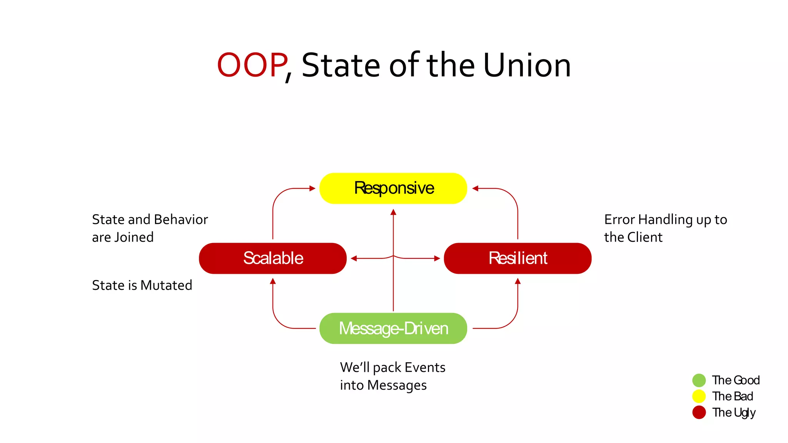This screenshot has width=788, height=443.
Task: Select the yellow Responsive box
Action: click(x=393, y=188)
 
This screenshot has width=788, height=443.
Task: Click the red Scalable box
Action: click(x=272, y=258)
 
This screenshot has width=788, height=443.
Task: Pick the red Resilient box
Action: click(x=517, y=258)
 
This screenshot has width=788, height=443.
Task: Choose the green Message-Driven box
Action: click(x=393, y=328)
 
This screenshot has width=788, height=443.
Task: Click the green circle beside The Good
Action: click(x=699, y=380)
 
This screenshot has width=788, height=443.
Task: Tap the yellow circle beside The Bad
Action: click(x=699, y=396)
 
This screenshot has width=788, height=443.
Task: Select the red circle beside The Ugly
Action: click(x=699, y=412)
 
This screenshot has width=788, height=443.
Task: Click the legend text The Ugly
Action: click(x=733, y=413)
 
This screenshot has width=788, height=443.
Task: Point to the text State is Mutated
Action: click(x=142, y=285)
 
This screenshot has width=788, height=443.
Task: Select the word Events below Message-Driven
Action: click(x=425, y=368)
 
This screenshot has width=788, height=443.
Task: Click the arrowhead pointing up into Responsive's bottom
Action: click(x=393, y=212)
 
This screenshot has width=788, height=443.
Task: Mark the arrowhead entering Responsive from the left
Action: click(x=312, y=188)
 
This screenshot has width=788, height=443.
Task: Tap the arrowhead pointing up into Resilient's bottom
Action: click(x=518, y=281)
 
